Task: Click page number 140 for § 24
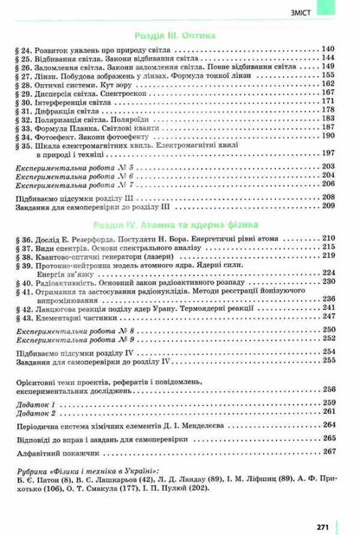tap(327, 51)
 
